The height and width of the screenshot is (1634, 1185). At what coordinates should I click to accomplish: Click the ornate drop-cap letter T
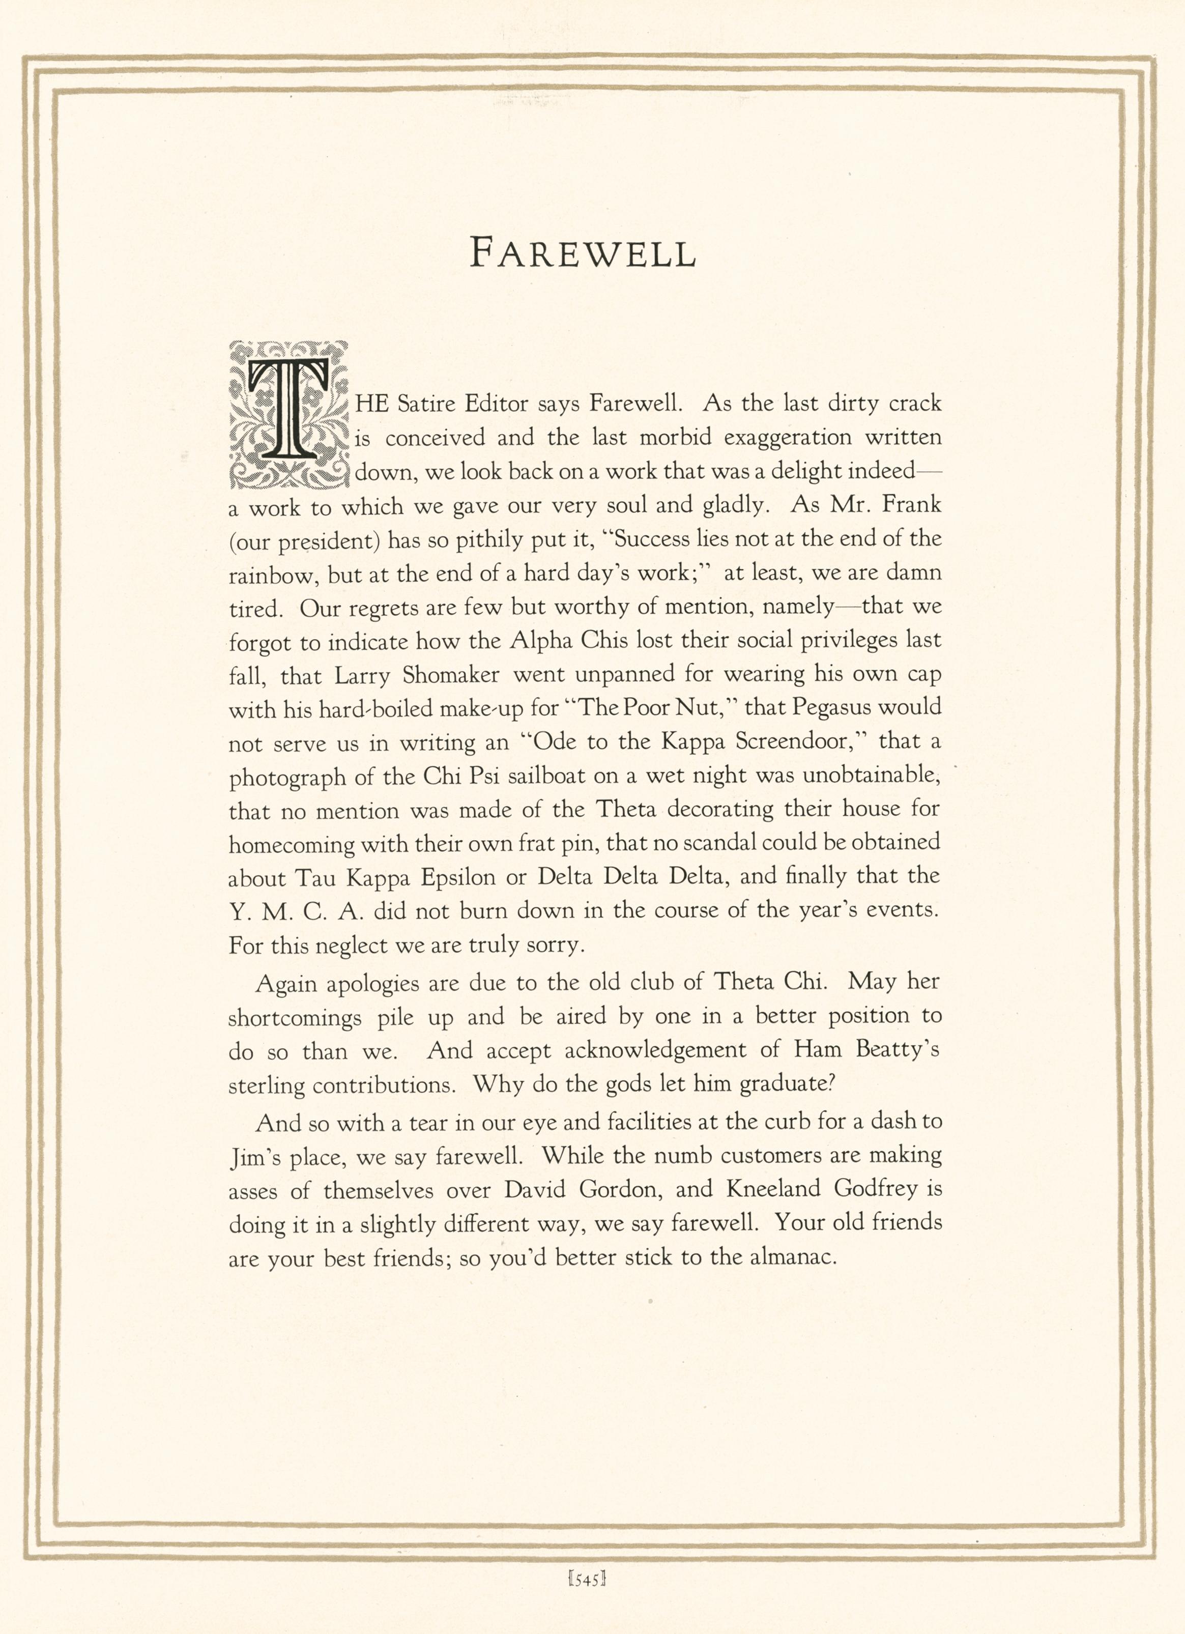tap(288, 414)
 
